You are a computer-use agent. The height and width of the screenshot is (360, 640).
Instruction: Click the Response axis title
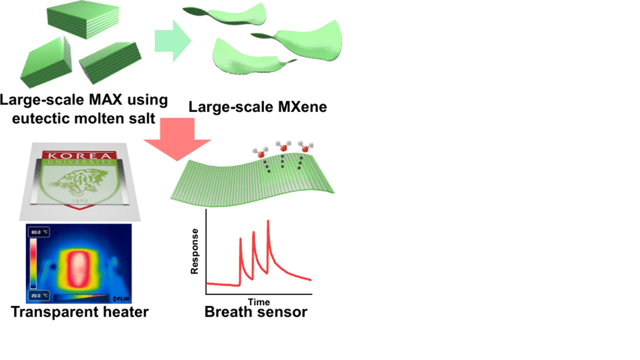tap(195, 251)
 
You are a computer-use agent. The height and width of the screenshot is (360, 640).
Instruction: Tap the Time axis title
tap(258, 302)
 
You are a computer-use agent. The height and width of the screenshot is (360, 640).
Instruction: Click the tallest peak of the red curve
tap(267, 221)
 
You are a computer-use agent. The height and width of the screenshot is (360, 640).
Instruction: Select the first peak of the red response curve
tap(241, 239)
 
